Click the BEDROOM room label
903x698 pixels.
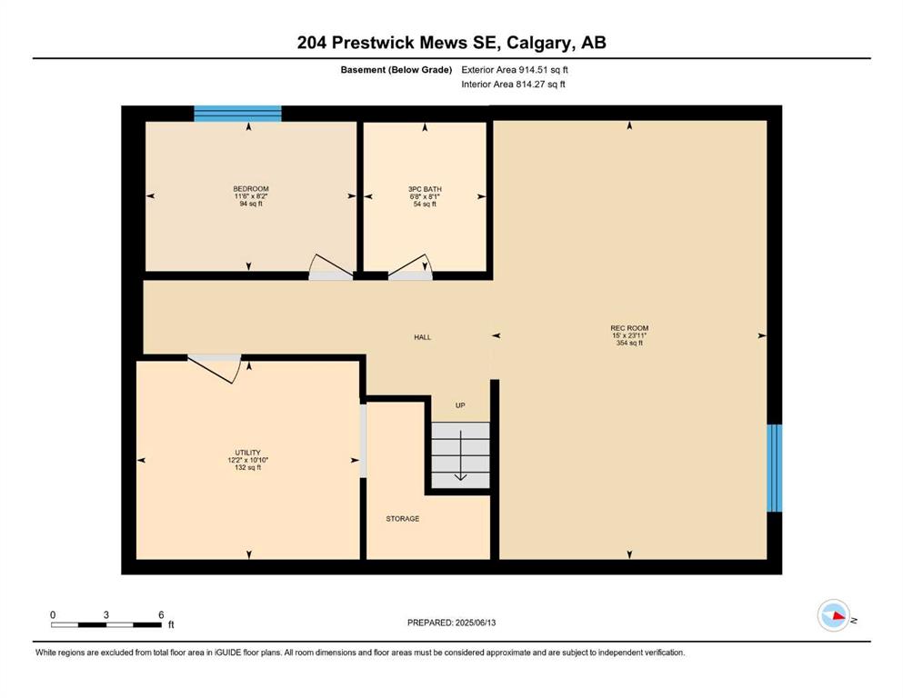[250, 189]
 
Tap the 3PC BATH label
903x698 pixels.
[425, 189]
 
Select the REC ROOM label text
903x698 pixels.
[629, 328]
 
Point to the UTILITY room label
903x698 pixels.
[247, 453]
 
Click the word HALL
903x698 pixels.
[422, 337]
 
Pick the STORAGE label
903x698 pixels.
[403, 518]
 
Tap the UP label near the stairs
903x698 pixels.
[460, 405]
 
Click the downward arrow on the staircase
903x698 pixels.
[461, 455]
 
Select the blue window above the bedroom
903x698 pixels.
[237, 114]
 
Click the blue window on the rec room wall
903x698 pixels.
[775, 468]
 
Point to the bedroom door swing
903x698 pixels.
[331, 266]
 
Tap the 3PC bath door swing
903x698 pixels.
[410, 266]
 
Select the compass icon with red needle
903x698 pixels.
[834, 615]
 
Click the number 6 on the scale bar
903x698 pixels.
[161, 614]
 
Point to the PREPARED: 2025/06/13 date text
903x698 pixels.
[451, 623]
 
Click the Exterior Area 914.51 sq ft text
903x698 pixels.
[515, 70]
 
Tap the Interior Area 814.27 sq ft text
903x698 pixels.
[513, 84]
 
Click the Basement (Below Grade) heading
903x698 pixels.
[396, 70]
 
